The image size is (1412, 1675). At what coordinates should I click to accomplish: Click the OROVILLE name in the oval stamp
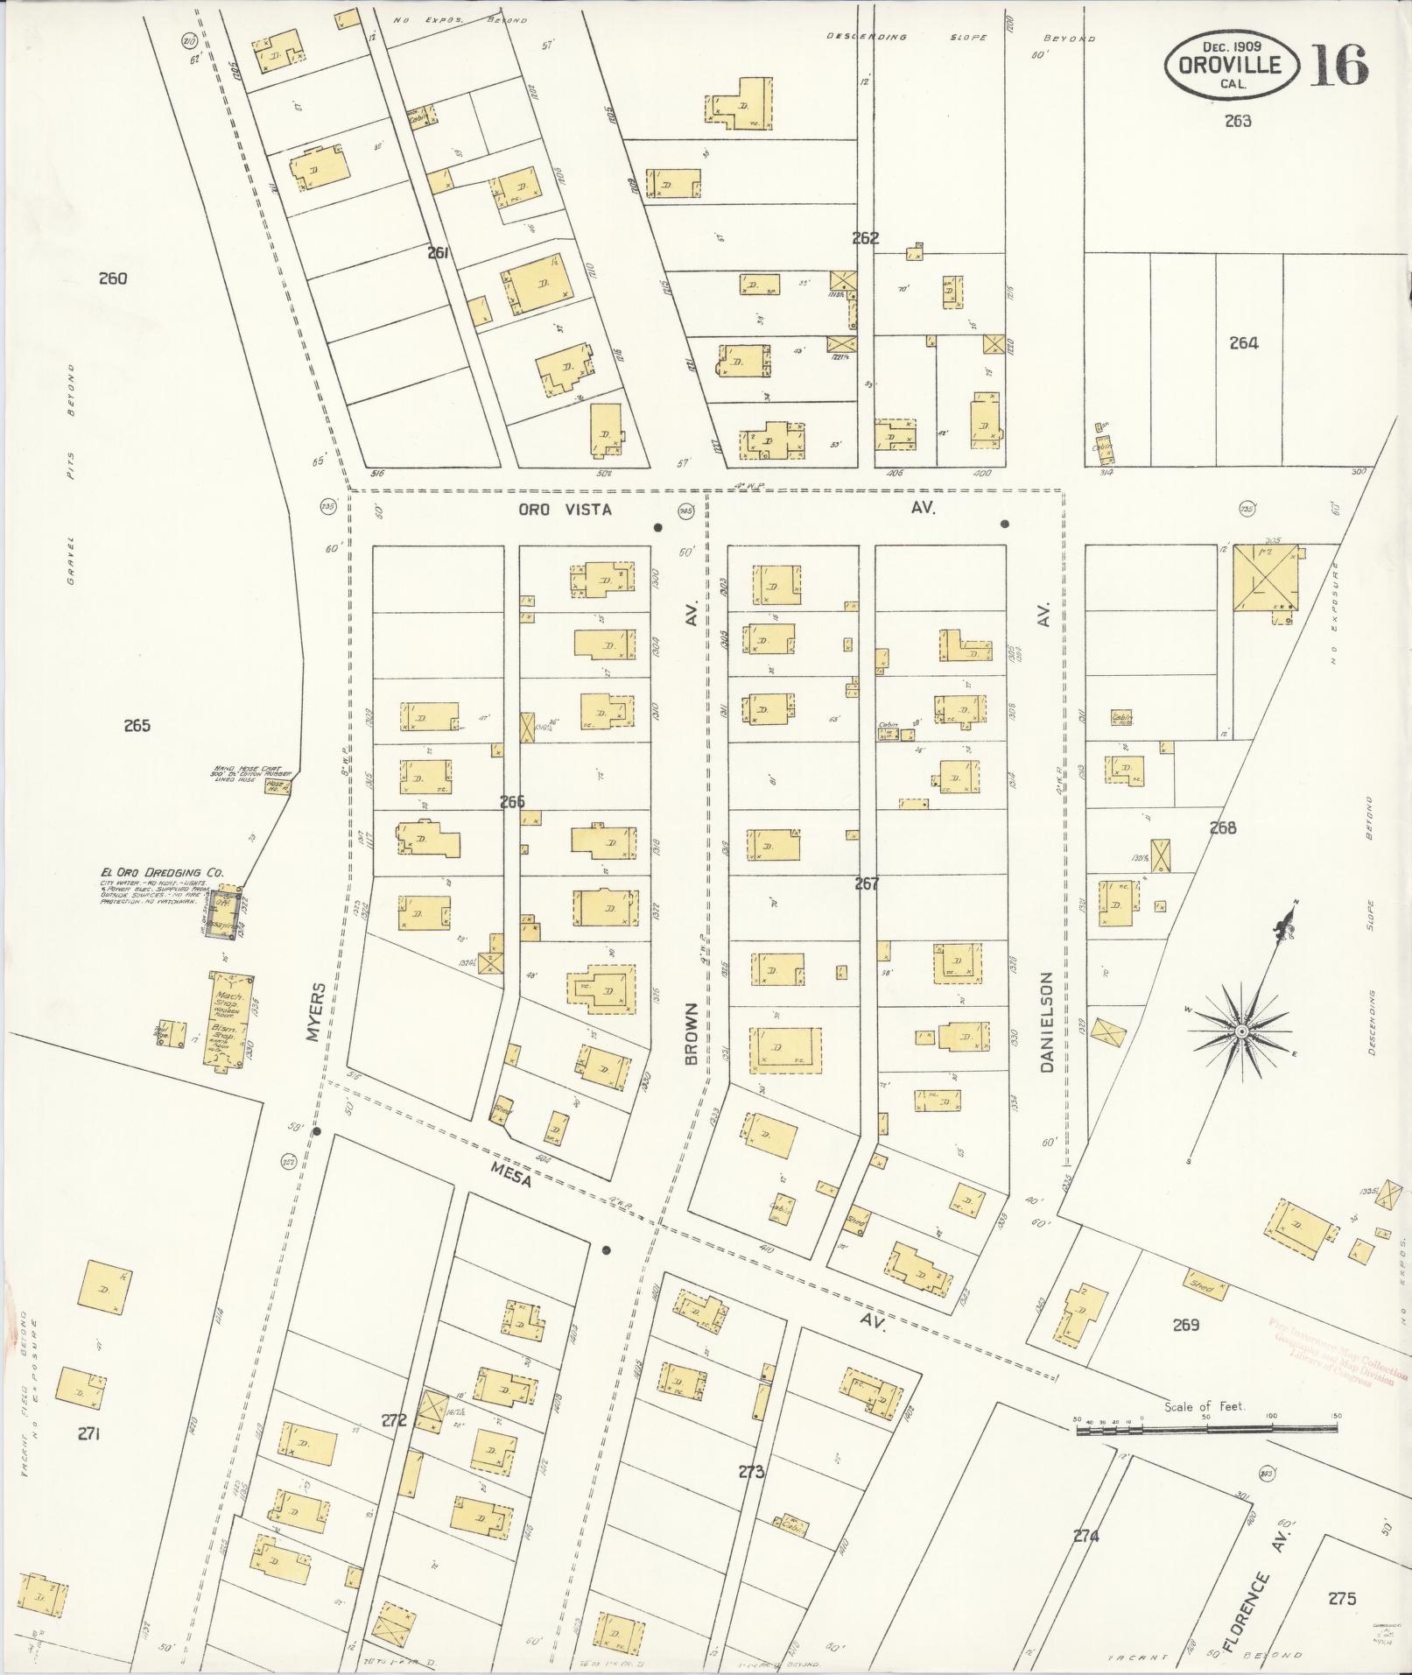click(1229, 65)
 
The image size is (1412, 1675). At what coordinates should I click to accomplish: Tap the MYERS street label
click(316, 1011)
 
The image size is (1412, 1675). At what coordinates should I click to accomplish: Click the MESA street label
click(511, 1173)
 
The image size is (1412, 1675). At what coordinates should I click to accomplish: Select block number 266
click(512, 801)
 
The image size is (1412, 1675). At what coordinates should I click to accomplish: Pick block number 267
click(866, 883)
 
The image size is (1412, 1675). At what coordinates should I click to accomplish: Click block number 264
click(1243, 343)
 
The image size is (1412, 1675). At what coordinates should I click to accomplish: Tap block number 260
click(113, 279)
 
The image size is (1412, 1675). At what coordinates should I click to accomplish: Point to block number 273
click(751, 1472)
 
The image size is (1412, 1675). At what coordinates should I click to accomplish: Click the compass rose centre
click(1240, 1034)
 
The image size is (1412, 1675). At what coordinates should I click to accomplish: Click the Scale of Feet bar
click(1206, 1429)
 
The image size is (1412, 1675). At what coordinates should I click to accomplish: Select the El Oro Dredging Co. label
click(162, 872)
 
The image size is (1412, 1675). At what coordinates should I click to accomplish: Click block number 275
click(1341, 1599)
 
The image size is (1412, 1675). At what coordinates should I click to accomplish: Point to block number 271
click(88, 1433)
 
